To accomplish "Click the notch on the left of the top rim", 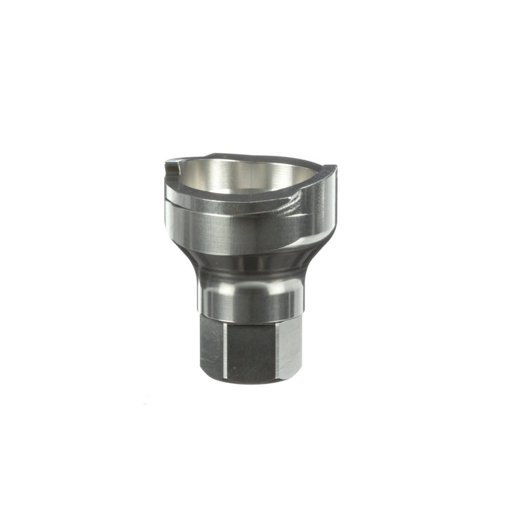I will pyautogui.click(x=171, y=168).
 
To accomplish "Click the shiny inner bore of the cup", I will pyautogui.click(x=245, y=175).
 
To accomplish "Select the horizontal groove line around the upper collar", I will pyautogui.click(x=238, y=211).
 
